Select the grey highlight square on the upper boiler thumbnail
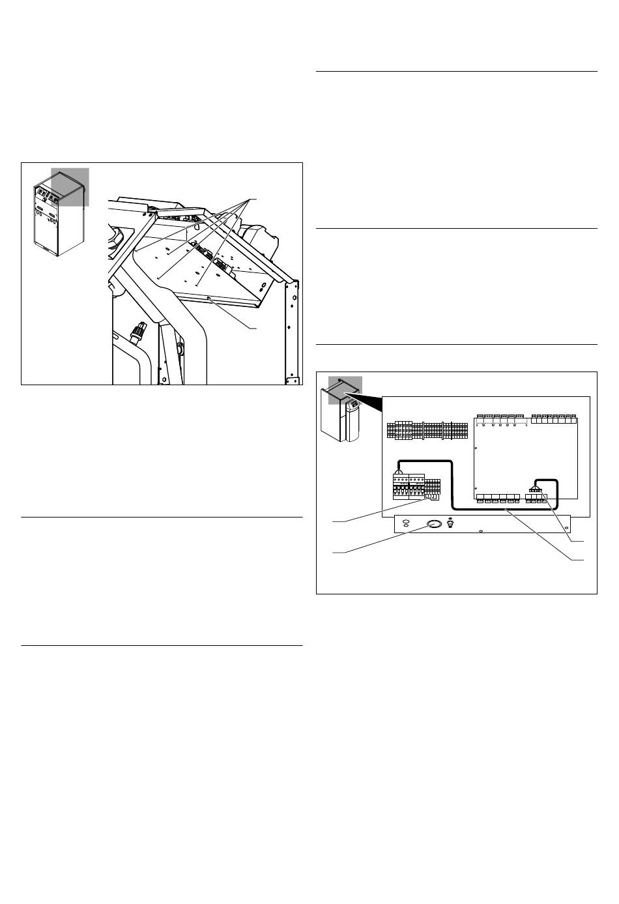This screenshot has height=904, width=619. [x=70, y=186]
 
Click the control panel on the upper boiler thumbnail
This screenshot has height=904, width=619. [x=47, y=194]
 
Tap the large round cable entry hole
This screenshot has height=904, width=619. [x=433, y=524]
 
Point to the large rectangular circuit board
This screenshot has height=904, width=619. [x=525, y=456]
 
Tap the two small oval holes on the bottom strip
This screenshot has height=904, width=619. [x=406, y=523]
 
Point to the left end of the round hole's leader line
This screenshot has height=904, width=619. [x=334, y=553]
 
